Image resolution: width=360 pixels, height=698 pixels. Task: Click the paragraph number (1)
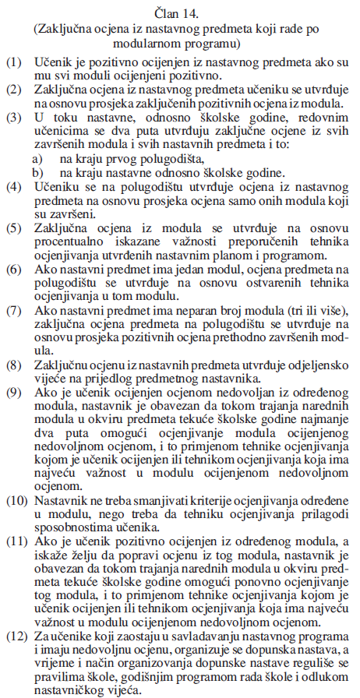point(12,60)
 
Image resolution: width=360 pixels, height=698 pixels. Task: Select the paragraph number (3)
point(12,118)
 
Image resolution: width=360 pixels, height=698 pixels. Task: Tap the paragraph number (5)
point(12,228)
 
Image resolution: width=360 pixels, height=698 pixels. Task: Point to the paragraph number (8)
point(12,365)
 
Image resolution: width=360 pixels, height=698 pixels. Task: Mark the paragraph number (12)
point(16,637)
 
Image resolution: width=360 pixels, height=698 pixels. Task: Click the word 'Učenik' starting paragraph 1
point(52,60)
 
